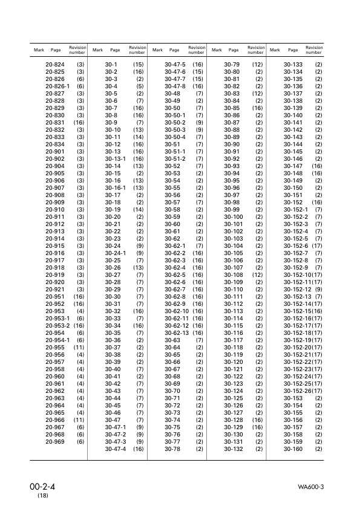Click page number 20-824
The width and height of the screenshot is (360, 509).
pos(56,64)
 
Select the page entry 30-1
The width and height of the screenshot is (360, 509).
pos(111,64)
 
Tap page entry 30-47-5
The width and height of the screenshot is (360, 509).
pos(175,64)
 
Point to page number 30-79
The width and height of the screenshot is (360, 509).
pos(232,64)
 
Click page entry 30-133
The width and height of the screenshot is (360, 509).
pos(293,64)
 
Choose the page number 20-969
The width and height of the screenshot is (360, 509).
pos(56,441)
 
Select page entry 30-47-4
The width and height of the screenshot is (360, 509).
pos(116,449)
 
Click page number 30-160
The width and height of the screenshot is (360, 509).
pos(293,449)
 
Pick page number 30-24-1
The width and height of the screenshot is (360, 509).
pos(116,253)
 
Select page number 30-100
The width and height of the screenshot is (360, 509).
pos(234,216)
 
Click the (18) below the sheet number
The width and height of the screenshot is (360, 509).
pos(43,496)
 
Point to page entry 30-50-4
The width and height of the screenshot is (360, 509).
pos(175,137)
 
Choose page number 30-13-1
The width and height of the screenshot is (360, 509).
pos(116,158)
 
